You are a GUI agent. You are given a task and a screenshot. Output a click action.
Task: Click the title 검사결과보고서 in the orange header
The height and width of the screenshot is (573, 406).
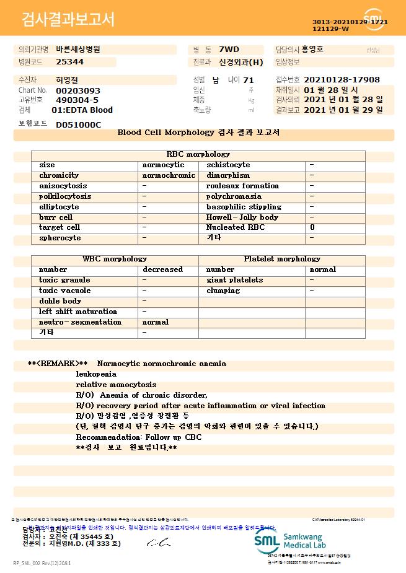pos(68,20)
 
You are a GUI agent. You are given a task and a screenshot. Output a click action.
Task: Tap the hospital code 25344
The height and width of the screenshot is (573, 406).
pos(69,62)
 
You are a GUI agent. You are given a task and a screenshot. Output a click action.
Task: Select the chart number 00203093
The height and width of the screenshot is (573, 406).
pos(78,90)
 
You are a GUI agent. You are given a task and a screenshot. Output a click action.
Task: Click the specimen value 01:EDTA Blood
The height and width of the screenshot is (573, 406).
pos(82,110)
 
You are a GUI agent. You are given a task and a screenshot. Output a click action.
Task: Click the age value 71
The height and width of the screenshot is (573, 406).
pos(249,80)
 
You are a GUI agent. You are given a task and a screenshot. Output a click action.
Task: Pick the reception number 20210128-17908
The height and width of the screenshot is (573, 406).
pos(342,80)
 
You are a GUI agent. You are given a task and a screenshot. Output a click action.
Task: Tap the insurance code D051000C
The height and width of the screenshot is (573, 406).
pos(78,125)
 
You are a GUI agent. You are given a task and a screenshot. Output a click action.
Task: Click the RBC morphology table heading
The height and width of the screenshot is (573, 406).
pos(198,154)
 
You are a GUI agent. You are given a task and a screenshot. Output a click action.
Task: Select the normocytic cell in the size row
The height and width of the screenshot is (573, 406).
pos(163,165)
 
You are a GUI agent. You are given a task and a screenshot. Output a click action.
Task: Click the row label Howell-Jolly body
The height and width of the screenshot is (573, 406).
pos(242,217)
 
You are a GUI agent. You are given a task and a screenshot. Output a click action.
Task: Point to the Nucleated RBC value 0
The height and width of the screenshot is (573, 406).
pos(312,227)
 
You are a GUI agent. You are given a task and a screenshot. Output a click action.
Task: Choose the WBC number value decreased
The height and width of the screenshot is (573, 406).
pos(162,269)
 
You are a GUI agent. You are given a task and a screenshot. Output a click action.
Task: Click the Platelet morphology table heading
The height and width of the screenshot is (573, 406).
pos(282,259)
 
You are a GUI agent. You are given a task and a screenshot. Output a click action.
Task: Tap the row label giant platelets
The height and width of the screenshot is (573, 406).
pos(234,280)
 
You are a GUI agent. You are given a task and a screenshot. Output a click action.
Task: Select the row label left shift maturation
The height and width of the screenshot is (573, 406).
pos(78,312)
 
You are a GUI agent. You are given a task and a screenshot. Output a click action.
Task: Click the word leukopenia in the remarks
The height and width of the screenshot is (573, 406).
pos(96,374)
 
